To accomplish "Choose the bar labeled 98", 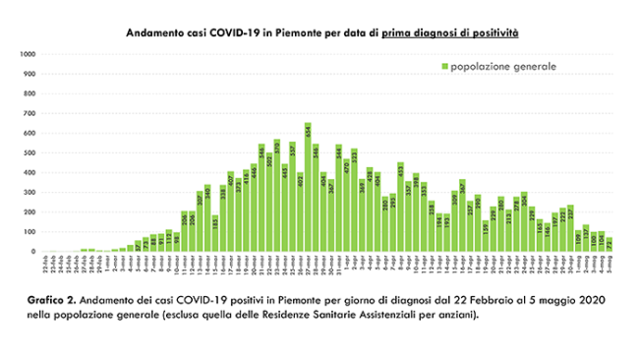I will click(x=176, y=242).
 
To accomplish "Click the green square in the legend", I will click(x=443, y=67).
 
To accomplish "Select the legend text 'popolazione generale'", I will click(x=502, y=67).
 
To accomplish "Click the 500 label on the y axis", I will click(x=29, y=152).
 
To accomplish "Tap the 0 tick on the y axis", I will click(x=33, y=252).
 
